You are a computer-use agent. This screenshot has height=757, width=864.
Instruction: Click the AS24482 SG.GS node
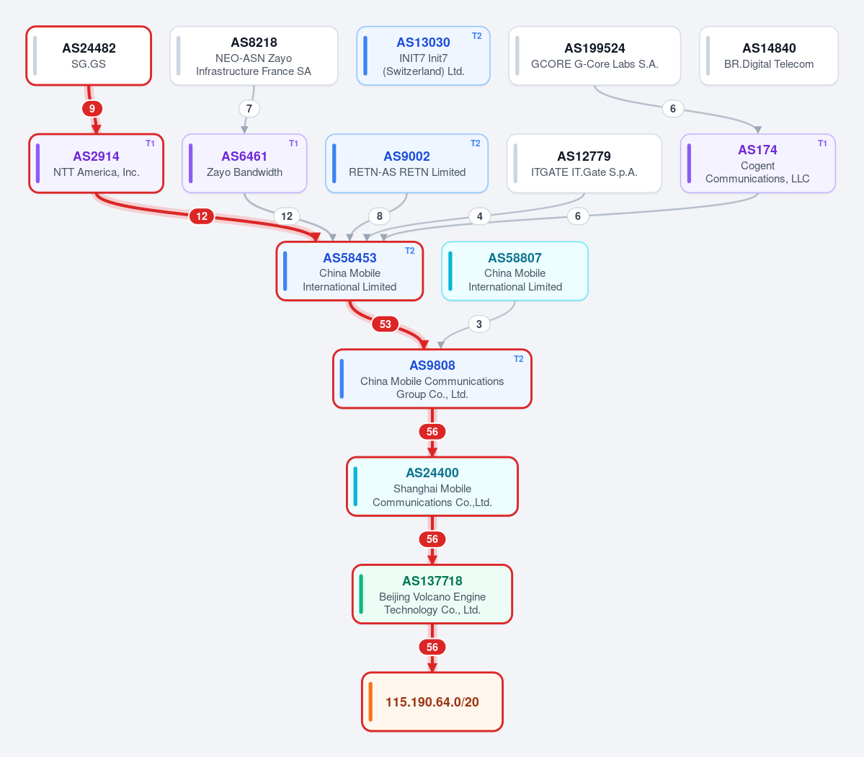(89, 56)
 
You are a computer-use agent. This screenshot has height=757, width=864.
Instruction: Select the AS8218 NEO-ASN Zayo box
(254, 56)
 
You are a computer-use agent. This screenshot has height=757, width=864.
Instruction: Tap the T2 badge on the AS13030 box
(476, 36)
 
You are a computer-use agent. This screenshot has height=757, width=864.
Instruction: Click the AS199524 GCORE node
(594, 56)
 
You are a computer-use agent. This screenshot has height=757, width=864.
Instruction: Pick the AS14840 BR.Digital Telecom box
(769, 56)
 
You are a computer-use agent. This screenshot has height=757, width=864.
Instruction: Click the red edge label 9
(92, 109)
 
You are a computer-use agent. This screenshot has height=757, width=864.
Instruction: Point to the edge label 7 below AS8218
(249, 109)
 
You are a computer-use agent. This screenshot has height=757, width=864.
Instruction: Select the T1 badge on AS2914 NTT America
(150, 143)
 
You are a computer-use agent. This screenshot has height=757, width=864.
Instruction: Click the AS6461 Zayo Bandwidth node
(244, 164)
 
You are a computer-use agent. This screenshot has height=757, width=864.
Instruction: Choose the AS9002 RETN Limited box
(406, 164)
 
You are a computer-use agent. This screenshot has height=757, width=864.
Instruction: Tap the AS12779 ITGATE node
(584, 164)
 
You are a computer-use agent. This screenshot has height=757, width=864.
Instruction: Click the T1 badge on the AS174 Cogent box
(822, 143)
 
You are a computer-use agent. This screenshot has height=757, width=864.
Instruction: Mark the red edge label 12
(202, 216)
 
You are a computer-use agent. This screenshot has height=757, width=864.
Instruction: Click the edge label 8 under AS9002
(379, 216)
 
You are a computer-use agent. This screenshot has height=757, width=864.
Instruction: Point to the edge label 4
(479, 216)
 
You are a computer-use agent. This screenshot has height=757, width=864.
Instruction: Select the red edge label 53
(386, 324)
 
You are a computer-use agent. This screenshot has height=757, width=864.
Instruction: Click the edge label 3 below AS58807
(478, 324)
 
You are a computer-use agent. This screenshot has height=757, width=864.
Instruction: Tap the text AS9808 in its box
(432, 366)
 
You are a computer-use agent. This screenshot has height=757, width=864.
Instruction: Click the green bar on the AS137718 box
(361, 594)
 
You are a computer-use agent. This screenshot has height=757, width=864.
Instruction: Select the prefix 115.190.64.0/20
(432, 702)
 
